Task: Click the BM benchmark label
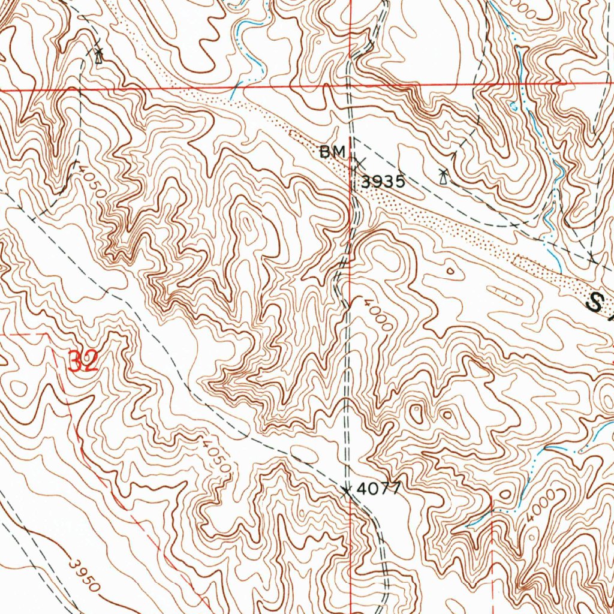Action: coord(332,153)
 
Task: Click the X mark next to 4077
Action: coord(346,492)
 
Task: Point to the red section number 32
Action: coord(83,362)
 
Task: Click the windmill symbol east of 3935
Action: coord(443,176)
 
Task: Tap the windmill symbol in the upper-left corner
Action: coord(99,55)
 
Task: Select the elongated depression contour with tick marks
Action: coord(504,294)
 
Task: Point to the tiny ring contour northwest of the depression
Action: coord(450,270)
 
